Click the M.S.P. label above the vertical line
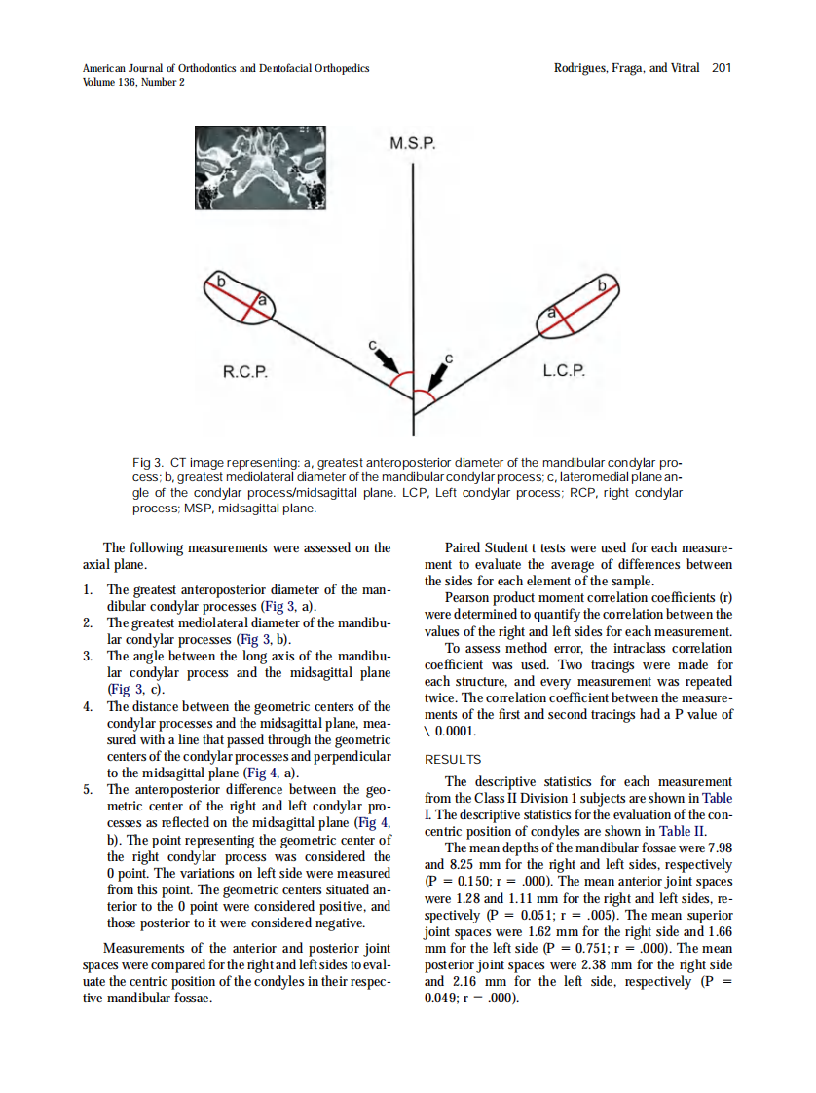[413, 144]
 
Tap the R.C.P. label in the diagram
[245, 371]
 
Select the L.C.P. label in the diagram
[565, 371]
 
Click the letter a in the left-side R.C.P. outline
[261, 303]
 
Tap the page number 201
[721, 68]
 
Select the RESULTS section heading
[453, 759]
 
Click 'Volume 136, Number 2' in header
[133, 82]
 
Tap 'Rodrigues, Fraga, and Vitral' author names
[626, 68]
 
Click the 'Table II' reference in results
[683, 831]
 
